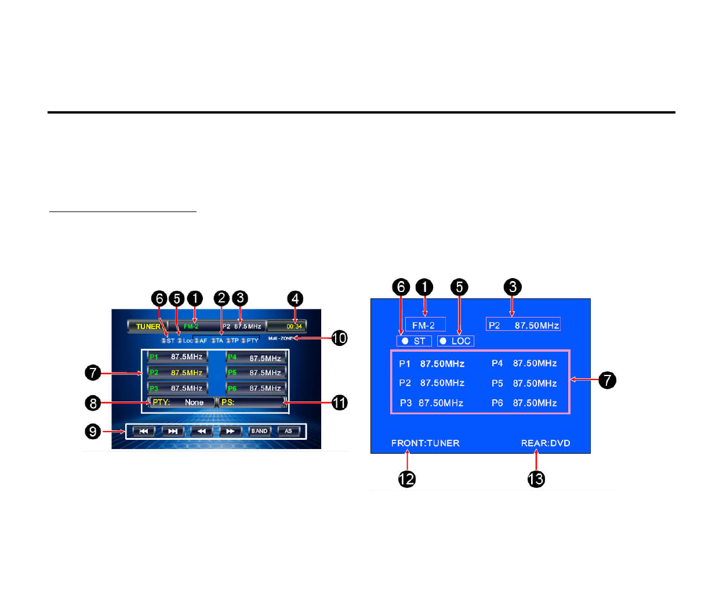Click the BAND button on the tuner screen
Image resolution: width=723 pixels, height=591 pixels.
pyautogui.click(x=259, y=431)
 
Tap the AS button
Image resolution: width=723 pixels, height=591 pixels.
pyautogui.click(x=288, y=431)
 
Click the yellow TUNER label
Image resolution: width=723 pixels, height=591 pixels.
pyautogui.click(x=148, y=326)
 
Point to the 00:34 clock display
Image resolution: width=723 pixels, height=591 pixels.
pyautogui.click(x=294, y=326)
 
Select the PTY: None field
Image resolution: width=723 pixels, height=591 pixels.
pyautogui.click(x=181, y=402)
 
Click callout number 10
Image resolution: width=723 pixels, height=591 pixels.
pyautogui.click(x=339, y=338)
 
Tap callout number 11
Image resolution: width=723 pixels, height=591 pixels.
pyautogui.click(x=339, y=402)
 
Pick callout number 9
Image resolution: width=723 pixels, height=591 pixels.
pyautogui.click(x=93, y=431)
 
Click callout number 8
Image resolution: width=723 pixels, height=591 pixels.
pyautogui.click(x=93, y=403)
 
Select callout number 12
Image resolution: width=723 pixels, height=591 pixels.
pyautogui.click(x=407, y=479)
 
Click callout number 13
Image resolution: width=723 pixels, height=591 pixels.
pyautogui.click(x=536, y=479)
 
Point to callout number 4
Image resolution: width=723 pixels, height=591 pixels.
pyautogui.click(x=295, y=298)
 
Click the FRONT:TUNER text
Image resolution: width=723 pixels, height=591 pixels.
pyautogui.click(x=425, y=443)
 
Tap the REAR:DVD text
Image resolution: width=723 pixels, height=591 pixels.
pyautogui.click(x=546, y=443)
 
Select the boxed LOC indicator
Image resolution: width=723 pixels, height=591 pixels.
pyautogui.click(x=456, y=341)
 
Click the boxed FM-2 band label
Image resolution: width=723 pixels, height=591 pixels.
pyautogui.click(x=425, y=325)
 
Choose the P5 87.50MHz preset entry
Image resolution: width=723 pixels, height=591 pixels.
pyautogui.click(x=524, y=384)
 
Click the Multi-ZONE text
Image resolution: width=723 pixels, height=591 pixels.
pyautogui.click(x=281, y=338)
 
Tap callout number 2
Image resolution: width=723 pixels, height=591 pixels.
pyautogui.click(x=221, y=298)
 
